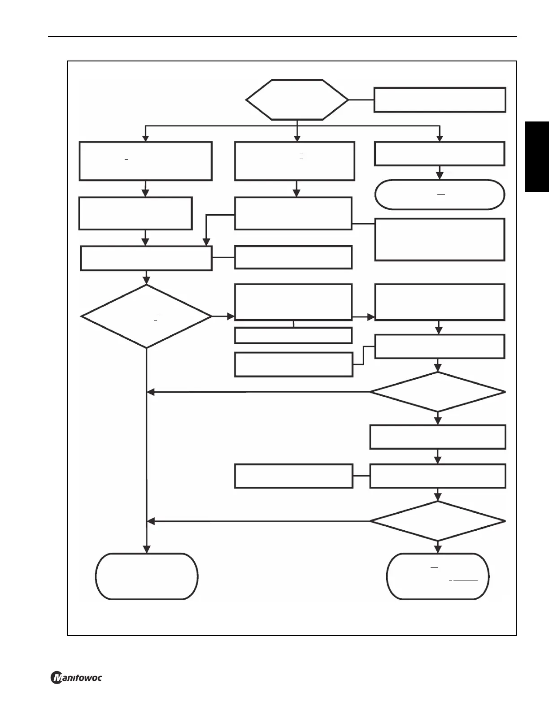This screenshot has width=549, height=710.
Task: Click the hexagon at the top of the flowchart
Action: point(297,100)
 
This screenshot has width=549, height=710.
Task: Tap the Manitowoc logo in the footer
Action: point(76,677)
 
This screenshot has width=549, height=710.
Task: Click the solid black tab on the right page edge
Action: point(537,156)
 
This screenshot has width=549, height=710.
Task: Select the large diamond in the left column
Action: point(146,316)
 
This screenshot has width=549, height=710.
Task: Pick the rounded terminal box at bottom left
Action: point(147,576)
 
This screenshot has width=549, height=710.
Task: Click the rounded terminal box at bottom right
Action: point(438,576)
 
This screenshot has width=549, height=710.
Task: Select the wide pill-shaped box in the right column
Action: point(440,195)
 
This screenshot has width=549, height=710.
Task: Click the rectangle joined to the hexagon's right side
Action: point(440,100)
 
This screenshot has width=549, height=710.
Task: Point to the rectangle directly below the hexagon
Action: point(295,161)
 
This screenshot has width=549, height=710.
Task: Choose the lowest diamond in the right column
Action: point(438,521)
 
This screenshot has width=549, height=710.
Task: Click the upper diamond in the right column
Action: point(438,392)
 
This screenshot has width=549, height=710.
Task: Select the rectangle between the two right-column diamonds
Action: point(438,437)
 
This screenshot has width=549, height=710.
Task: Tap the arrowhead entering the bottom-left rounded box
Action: point(147,550)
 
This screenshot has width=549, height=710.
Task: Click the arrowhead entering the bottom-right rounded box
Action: point(438,550)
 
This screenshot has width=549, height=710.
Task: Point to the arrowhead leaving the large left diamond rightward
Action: point(231,316)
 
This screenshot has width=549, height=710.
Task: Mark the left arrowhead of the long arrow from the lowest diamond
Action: point(151,521)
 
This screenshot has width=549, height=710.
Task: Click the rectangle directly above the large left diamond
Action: point(146,258)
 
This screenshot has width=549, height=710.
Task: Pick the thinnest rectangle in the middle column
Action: point(293,335)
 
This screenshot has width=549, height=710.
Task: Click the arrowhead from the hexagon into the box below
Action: point(297,138)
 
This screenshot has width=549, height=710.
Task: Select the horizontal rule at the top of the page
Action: point(283,36)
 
